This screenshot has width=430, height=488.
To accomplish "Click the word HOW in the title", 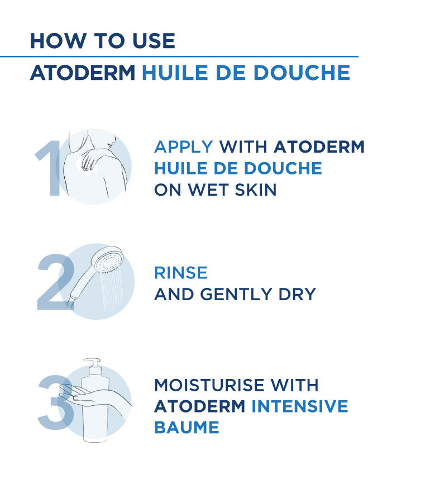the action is pos(58,41).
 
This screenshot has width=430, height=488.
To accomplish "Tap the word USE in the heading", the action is pos(154,41).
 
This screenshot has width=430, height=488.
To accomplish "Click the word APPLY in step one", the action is pos(183,147).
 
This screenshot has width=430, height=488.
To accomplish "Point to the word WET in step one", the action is pos(209,189).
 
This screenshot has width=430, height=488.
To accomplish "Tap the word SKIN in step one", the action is pos(256,189).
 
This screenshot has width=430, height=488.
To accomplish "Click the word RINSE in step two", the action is pos(180,273).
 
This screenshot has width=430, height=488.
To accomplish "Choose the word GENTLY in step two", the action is pos(236,294).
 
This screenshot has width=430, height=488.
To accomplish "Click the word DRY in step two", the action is pos(297,294).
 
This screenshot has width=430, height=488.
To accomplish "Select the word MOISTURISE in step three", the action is pos(209,385).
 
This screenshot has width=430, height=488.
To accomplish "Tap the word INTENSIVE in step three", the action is pos(299,406).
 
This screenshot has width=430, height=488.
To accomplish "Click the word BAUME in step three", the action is pos(187,427).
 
